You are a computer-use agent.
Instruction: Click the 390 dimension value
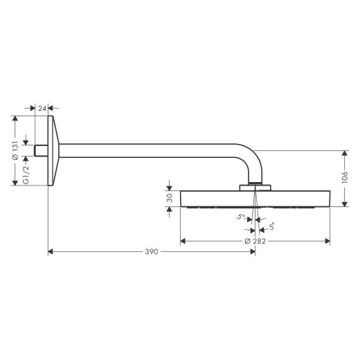coord(152,251)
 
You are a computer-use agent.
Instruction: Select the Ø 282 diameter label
coord(255,241)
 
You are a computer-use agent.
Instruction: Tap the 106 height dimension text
coord(344,177)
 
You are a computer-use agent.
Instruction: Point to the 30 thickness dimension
coord(170,198)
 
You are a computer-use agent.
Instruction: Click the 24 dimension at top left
coord(42,108)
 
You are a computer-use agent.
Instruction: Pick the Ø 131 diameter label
coord(15,151)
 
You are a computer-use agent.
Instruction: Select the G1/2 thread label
coord(26,175)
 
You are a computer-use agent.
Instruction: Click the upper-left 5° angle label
coord(241,217)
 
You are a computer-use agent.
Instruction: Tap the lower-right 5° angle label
coord(271,226)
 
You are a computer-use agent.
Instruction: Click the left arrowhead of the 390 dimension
coord(51,251)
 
